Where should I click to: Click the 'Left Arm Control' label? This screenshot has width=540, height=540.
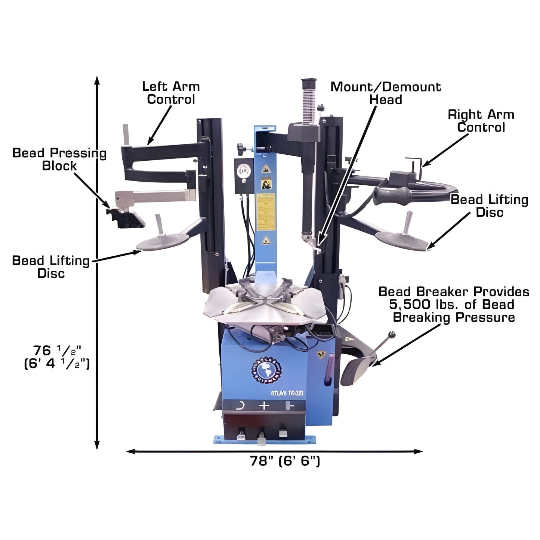tap(171, 93)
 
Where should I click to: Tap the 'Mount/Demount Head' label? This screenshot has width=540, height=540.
tap(386, 93)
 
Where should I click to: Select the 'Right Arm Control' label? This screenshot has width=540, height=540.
tap(481, 121)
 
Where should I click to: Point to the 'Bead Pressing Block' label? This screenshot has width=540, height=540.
tap(59, 159)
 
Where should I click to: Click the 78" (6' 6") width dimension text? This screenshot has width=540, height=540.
tap(285, 462)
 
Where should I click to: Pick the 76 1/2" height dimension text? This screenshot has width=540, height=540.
tap(57, 357)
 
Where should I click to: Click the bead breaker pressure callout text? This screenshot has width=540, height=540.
tap(454, 304)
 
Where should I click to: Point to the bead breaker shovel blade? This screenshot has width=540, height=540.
tap(355, 370)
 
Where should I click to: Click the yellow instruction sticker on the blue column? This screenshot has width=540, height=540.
tap(266, 209)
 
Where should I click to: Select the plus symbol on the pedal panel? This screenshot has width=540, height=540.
tap(264, 405)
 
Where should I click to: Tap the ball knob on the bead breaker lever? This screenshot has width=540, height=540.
tap(392, 334)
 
